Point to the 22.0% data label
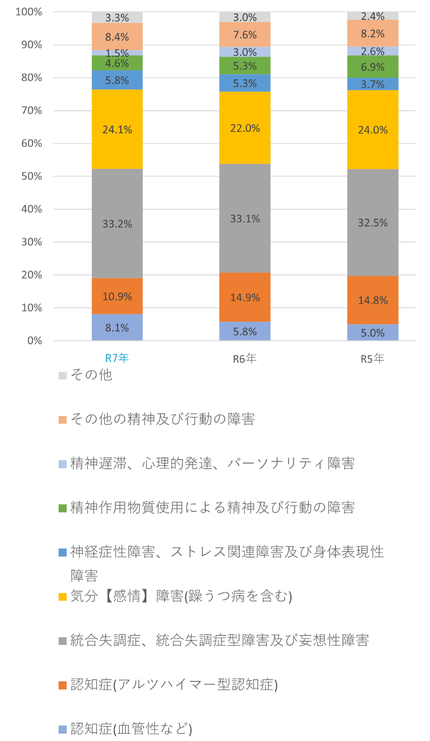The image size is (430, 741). (x=245, y=128)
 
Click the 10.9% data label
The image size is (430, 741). (x=117, y=296)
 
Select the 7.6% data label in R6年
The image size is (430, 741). (x=245, y=34)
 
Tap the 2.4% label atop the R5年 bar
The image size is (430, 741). (x=372, y=16)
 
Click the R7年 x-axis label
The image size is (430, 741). (x=117, y=358)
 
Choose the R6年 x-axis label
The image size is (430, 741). (x=245, y=358)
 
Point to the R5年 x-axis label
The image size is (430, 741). (x=372, y=358)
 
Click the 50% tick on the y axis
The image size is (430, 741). (x=32, y=176)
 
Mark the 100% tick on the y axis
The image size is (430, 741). (x=29, y=12)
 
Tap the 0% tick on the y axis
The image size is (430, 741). (x=34, y=340)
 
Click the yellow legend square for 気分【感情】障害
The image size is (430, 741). (x=62, y=597)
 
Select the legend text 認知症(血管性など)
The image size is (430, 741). (x=131, y=729)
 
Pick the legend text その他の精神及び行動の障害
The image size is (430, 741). (x=162, y=419)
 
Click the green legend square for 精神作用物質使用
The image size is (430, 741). (x=62, y=508)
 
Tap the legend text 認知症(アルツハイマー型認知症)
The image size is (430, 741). (x=174, y=685)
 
